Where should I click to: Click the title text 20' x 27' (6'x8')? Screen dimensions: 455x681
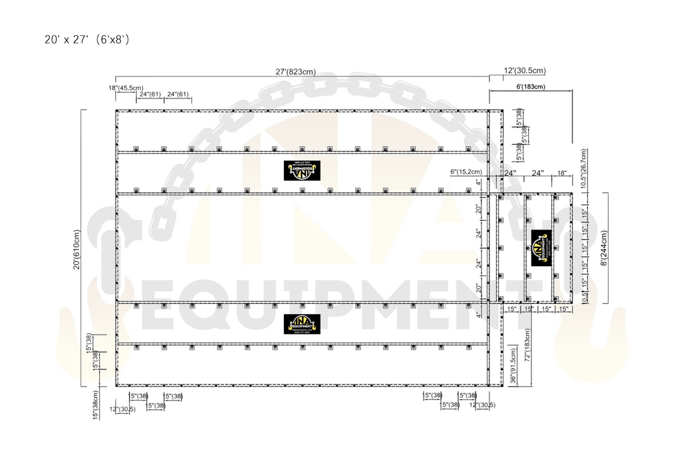point(86,40)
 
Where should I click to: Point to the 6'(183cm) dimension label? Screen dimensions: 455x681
point(530,86)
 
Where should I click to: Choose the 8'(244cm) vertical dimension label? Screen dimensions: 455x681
point(604,247)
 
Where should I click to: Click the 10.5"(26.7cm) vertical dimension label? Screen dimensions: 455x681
point(583,170)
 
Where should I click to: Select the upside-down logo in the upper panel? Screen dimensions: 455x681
point(302,170)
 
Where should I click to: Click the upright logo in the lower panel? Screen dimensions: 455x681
point(302,323)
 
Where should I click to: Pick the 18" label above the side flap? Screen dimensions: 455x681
point(562,173)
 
